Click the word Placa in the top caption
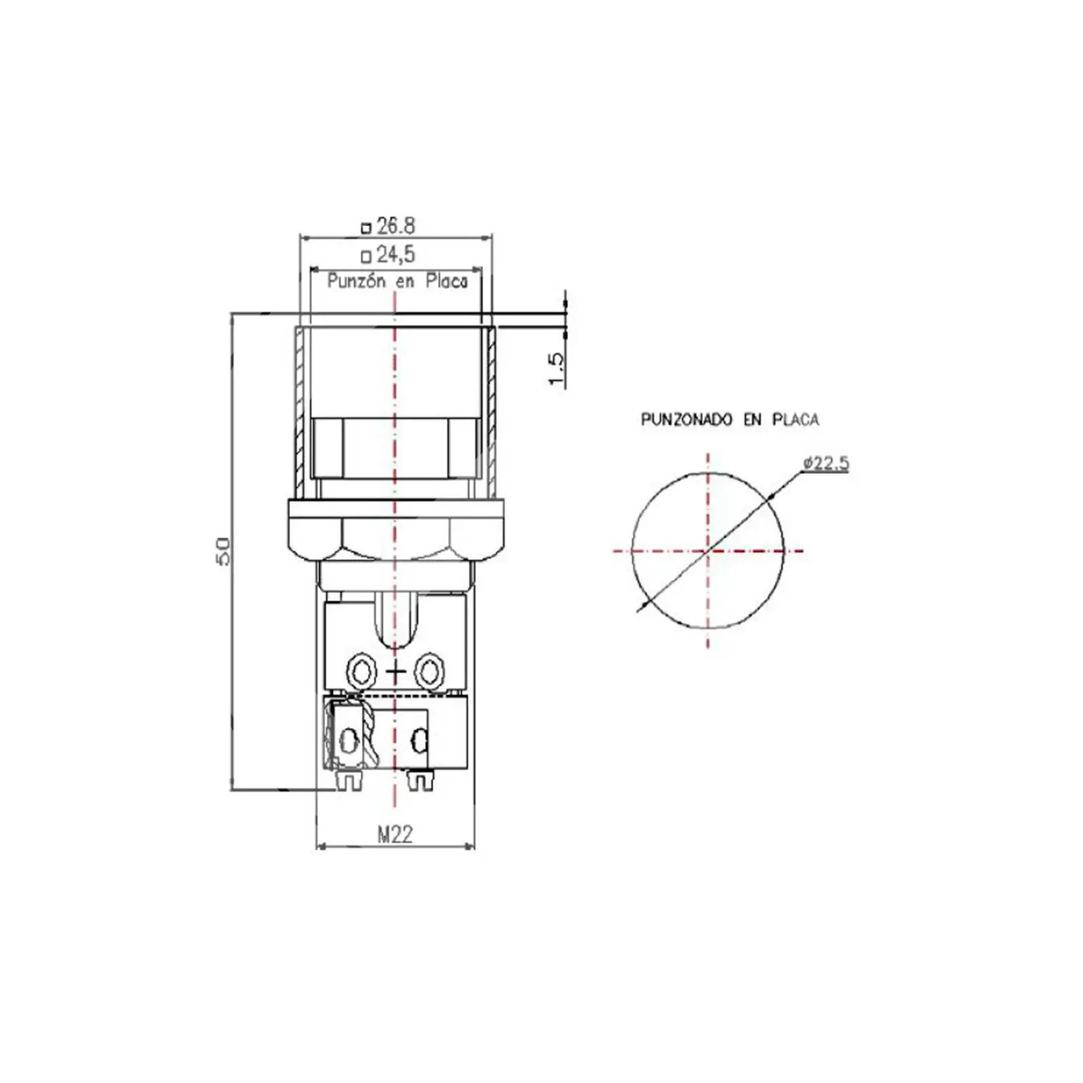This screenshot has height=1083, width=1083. click(447, 281)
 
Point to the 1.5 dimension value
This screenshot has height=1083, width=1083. click(555, 370)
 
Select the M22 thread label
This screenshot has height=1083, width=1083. click(395, 835)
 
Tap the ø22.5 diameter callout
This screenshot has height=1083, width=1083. click(826, 464)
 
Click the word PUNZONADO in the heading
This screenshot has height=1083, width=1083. click(686, 420)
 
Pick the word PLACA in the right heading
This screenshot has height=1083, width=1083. click(796, 420)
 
